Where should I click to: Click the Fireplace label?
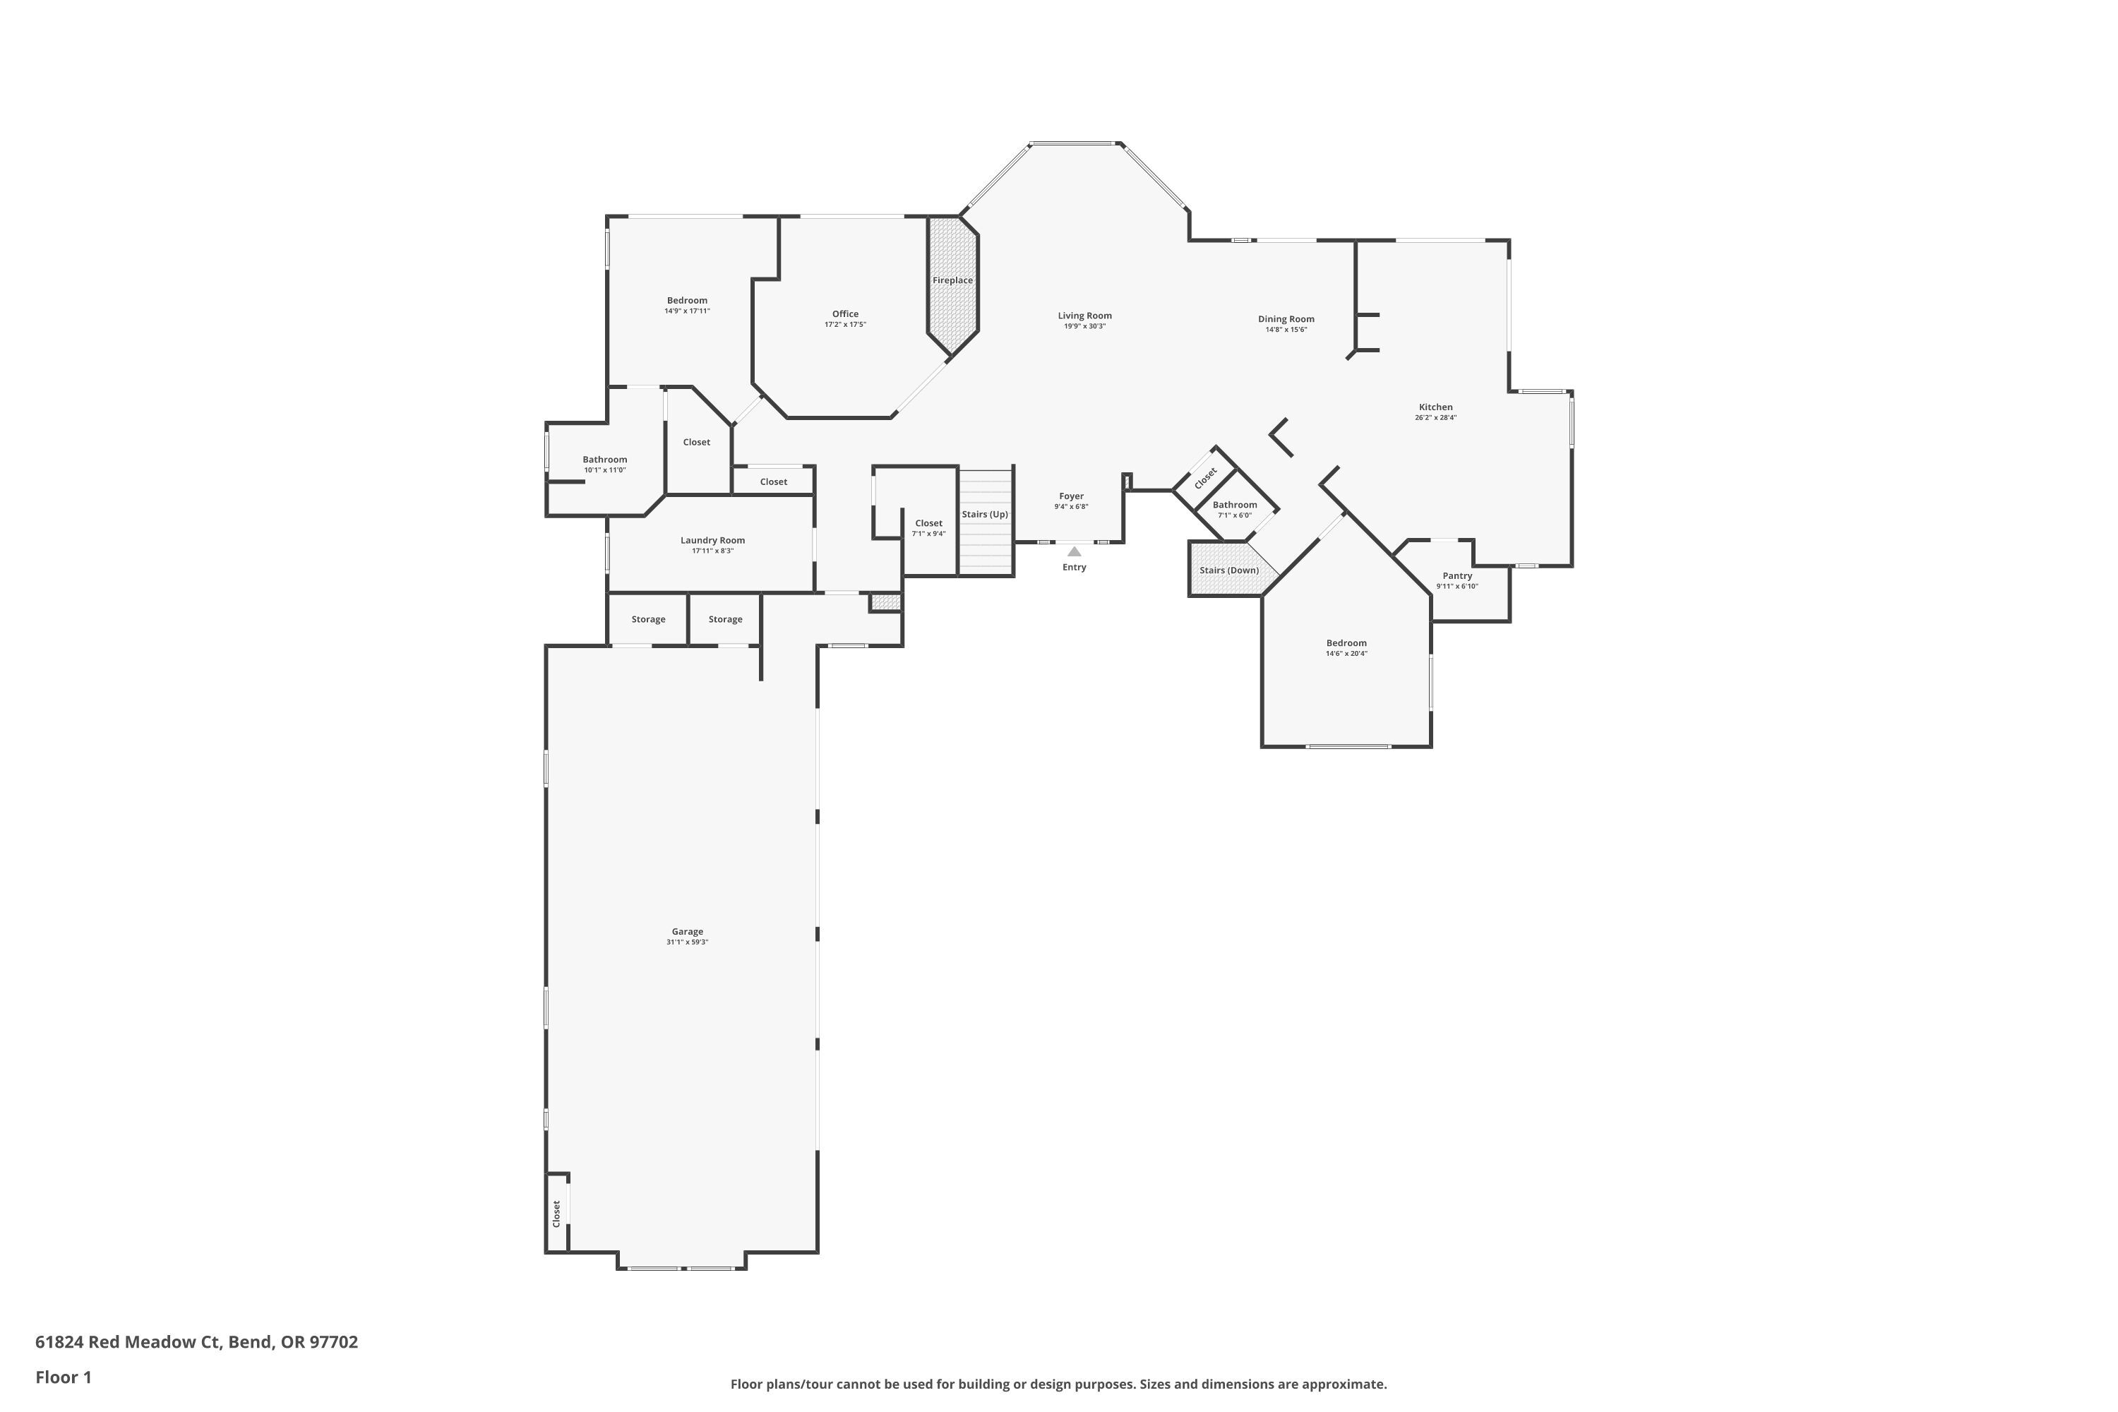click(x=952, y=280)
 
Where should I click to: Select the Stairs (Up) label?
click(x=984, y=514)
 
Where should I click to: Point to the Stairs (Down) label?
click(x=1228, y=570)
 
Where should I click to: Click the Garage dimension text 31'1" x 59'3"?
click(x=687, y=942)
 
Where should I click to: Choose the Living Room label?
click(x=1084, y=315)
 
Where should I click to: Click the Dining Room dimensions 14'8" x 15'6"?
click(x=1285, y=330)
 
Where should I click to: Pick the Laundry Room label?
click(x=712, y=540)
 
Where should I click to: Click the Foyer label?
click(x=1071, y=496)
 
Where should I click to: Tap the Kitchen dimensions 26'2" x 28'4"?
click(x=1435, y=418)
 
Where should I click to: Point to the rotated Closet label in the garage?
click(x=556, y=1213)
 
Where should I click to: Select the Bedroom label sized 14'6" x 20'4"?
click(x=1346, y=643)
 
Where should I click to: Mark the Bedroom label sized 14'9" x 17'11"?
click(x=686, y=300)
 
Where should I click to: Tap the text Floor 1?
click(x=63, y=1377)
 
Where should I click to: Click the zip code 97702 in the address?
click(x=333, y=1342)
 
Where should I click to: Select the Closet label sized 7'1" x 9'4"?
click(x=928, y=523)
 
